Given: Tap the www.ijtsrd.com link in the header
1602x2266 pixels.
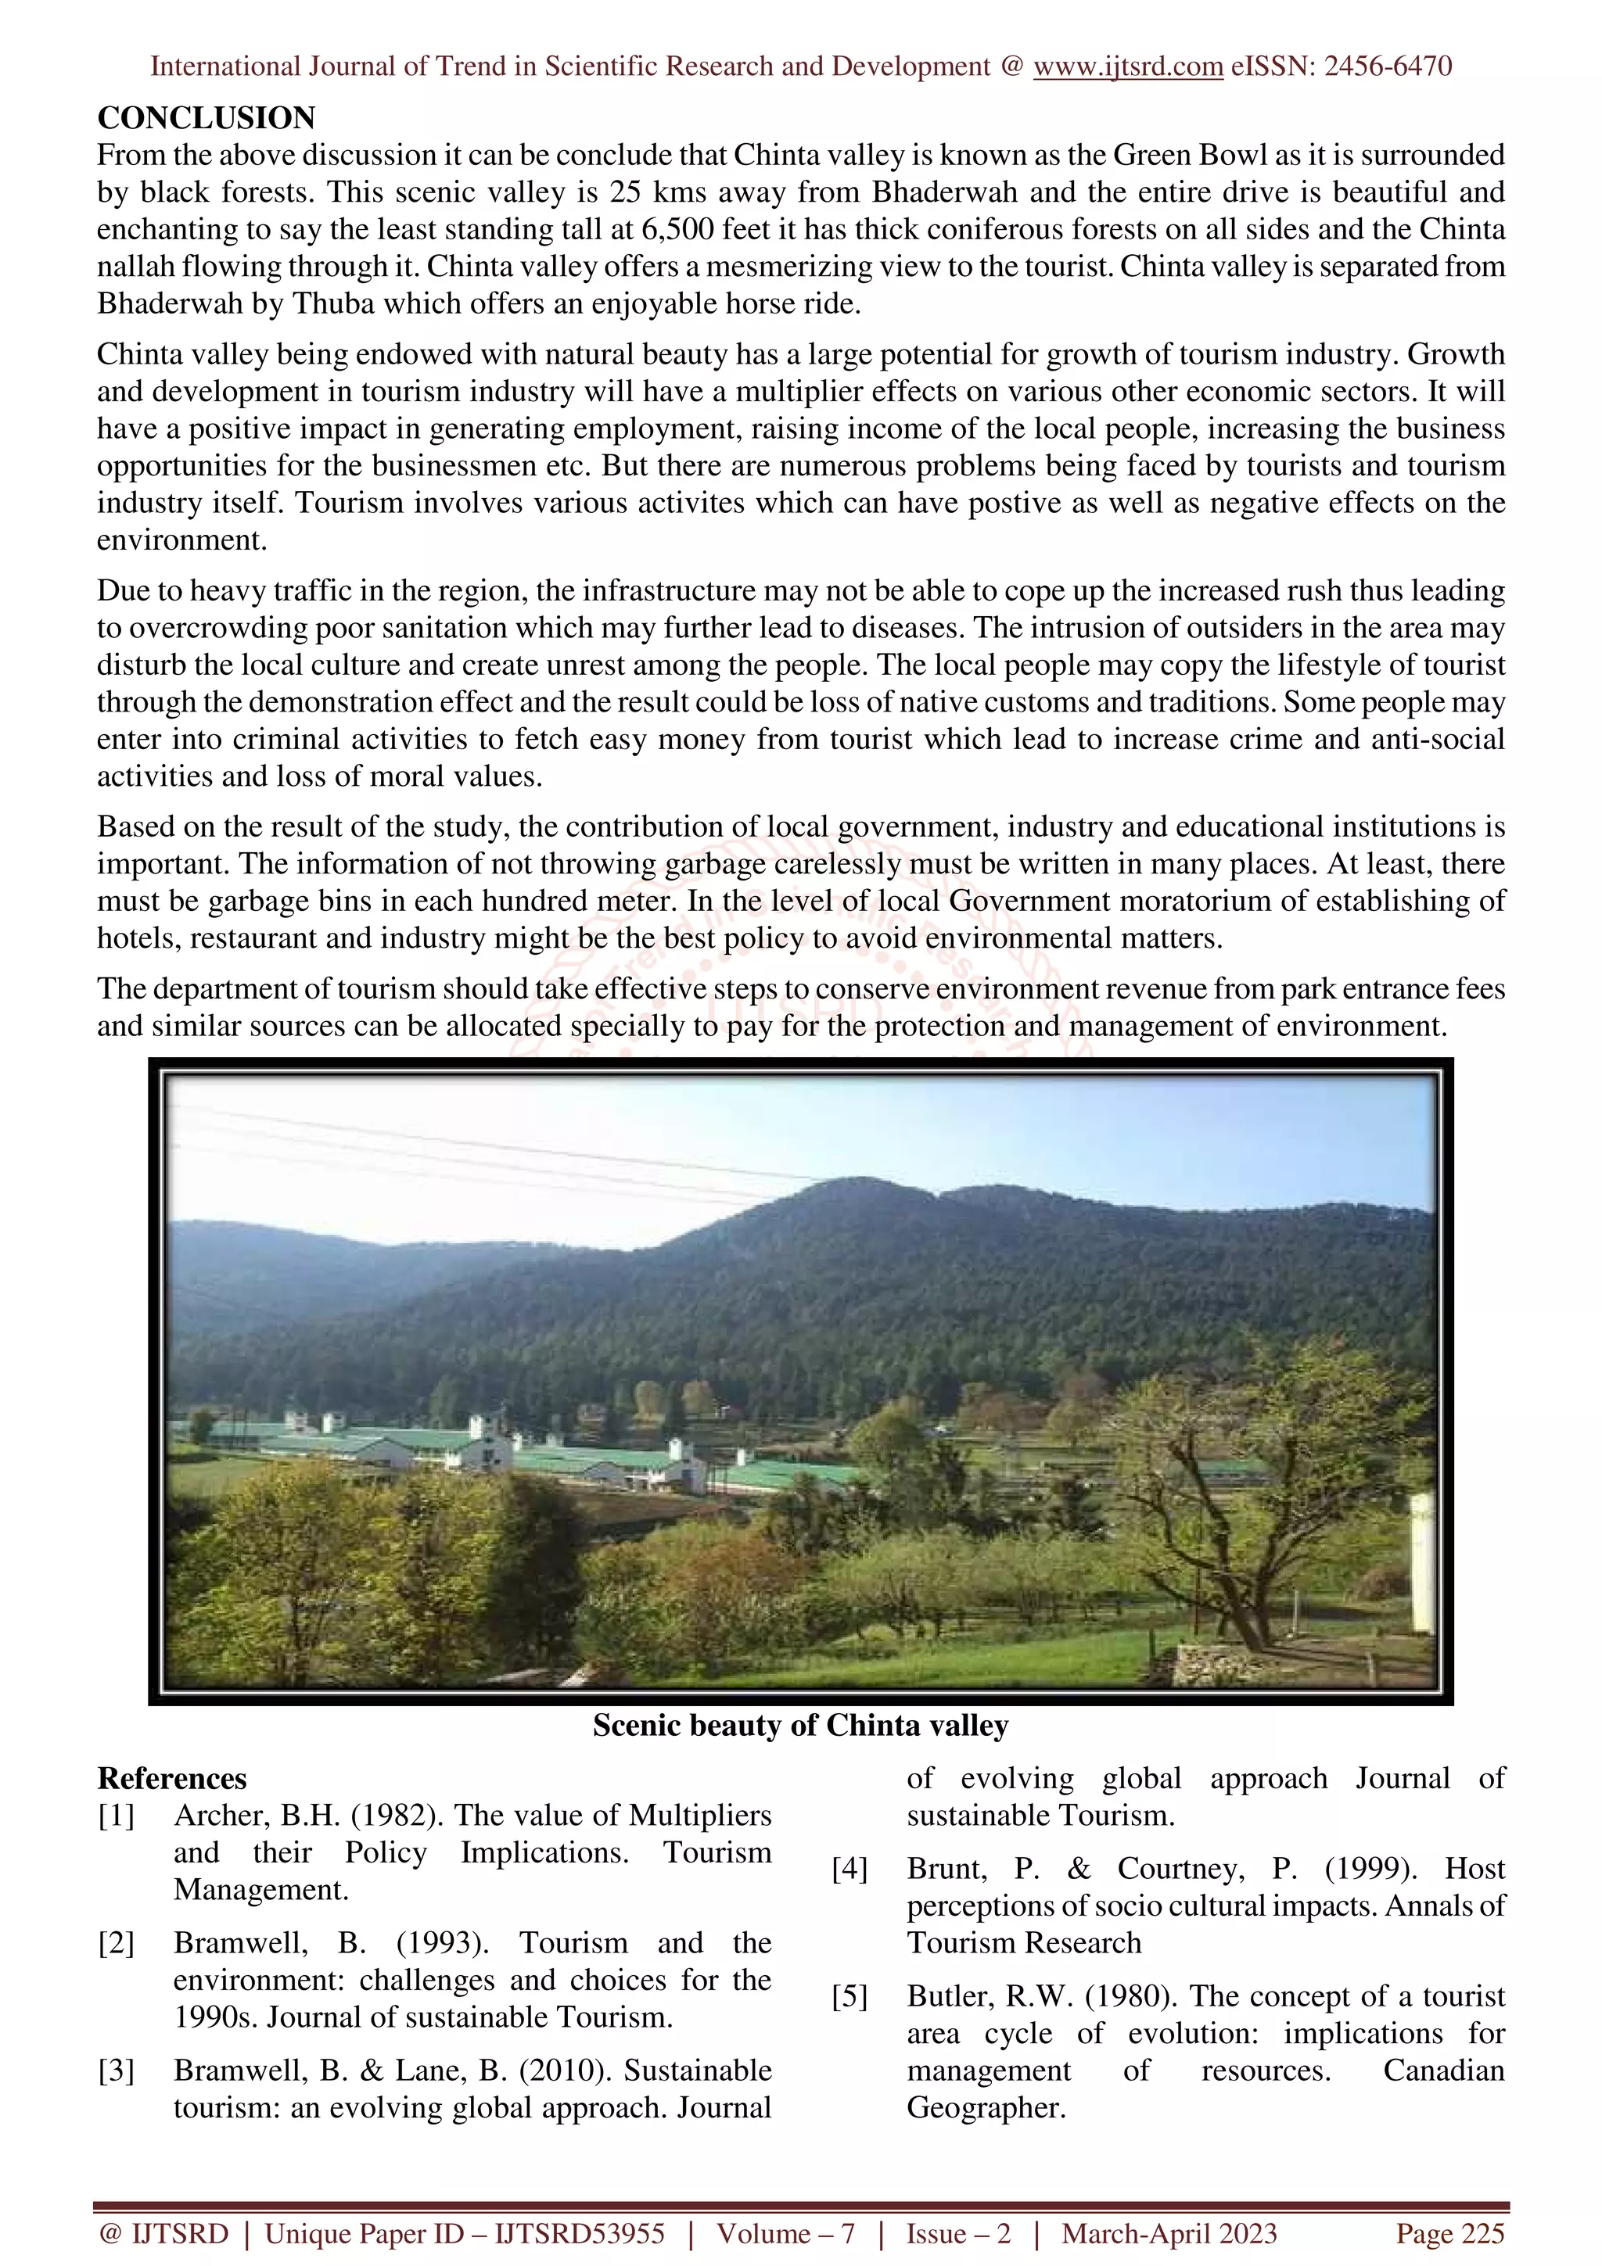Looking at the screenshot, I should click(1127, 66).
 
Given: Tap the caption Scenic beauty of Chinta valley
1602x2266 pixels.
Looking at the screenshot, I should click(800, 1724).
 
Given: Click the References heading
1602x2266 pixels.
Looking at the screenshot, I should click(172, 1778).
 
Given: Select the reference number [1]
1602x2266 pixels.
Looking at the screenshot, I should click(116, 1815).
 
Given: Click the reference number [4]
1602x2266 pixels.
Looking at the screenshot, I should click(849, 1868).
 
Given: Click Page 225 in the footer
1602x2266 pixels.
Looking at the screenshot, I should click(1449, 2233).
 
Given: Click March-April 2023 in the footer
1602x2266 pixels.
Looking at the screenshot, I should click(1169, 2233).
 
